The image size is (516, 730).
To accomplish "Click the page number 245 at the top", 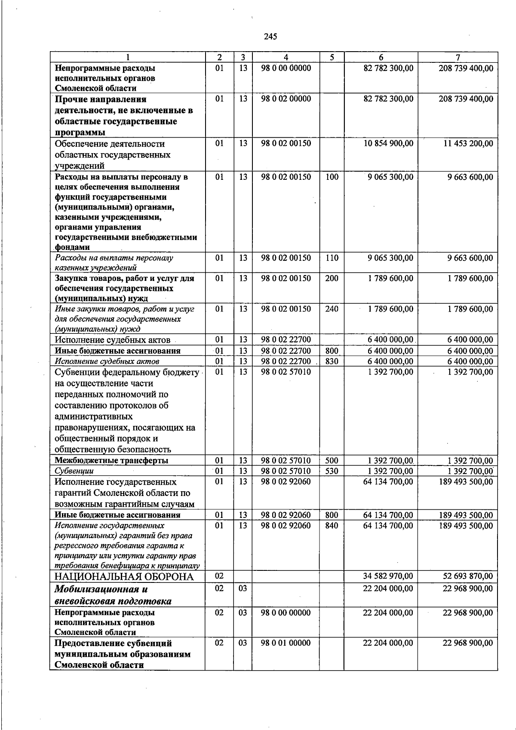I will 270,37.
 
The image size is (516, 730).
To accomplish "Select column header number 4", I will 286,57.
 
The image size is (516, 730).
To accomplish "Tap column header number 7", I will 458,57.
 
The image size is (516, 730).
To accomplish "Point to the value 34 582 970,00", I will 388,576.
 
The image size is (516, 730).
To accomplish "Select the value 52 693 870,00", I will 468,576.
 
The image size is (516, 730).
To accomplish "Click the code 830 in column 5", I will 332,361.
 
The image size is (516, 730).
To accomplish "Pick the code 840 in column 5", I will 332,525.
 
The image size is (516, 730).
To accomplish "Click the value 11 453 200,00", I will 468,143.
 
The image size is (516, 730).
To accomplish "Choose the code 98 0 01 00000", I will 286,643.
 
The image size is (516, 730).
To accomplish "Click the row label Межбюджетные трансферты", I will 111,460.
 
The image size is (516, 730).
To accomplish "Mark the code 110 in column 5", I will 332,258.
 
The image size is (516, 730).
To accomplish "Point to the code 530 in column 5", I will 332,471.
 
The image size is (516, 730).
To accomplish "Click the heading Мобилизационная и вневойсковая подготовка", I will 113,595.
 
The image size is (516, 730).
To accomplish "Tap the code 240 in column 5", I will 332,309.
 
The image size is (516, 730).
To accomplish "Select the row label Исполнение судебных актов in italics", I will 107,361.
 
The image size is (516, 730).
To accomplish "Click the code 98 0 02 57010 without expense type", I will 286,372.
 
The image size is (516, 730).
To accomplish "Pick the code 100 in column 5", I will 332,177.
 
